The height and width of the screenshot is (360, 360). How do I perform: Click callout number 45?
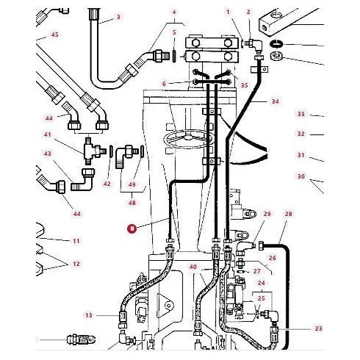[x=55, y=35]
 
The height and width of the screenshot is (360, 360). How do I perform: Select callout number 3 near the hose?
[x=118, y=17]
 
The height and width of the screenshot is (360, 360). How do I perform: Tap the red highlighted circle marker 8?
[x=132, y=228]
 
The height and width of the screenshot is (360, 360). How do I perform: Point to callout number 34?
[x=276, y=101]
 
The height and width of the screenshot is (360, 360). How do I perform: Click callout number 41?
[x=48, y=134]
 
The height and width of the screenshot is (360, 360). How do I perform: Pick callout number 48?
[x=132, y=203]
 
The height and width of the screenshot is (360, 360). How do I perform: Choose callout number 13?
[x=89, y=315]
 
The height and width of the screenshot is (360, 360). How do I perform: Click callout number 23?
[x=318, y=328]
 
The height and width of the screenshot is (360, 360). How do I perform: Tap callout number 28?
[x=289, y=214]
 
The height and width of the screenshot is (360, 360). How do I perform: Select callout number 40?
[x=193, y=267]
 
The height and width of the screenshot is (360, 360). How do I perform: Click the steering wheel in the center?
[x=189, y=140]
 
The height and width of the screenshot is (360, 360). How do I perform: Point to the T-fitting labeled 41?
[x=94, y=151]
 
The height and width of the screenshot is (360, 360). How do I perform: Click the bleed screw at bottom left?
[x=81, y=340]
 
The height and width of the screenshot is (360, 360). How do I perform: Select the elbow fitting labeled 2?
[x=255, y=46]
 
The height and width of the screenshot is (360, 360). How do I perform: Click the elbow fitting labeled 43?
[x=82, y=180]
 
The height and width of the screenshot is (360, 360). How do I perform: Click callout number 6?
[x=164, y=84]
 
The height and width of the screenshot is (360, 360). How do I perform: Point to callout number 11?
[x=76, y=241]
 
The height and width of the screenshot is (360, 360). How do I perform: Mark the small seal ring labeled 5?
[x=174, y=57]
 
